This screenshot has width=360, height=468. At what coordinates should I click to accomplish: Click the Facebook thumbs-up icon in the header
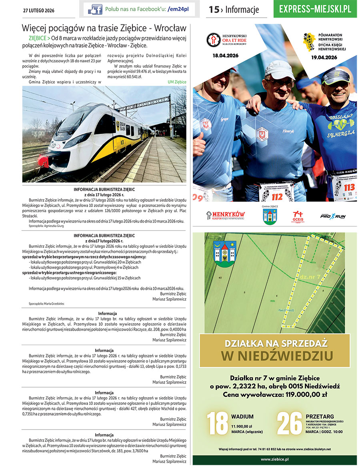[x=95, y=9]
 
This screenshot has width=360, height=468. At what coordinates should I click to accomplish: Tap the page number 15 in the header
[x=214, y=10]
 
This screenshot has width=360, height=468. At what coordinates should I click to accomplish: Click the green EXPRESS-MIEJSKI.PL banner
[x=315, y=9]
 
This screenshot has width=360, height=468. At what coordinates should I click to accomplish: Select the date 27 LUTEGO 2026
[x=39, y=10]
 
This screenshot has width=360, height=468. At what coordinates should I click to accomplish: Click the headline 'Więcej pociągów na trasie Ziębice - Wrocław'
[x=104, y=28]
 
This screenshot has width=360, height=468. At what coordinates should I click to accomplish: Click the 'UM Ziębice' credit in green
[x=177, y=82]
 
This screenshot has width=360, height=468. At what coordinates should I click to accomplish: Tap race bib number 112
[x=277, y=196]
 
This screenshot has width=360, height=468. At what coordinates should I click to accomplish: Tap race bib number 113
[x=349, y=187]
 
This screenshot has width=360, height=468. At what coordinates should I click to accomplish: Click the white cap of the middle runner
[x=279, y=69]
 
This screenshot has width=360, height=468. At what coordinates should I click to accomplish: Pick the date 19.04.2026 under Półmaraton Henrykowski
[x=324, y=57]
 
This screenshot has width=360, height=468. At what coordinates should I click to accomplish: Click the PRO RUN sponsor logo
[x=333, y=216]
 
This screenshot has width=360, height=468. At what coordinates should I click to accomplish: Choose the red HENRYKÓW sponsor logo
[x=226, y=215]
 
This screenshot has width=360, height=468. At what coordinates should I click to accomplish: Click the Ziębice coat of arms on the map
[x=225, y=253]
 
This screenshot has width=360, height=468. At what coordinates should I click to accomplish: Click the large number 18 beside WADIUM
[x=218, y=423]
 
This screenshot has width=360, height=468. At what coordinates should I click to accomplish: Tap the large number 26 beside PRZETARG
[x=289, y=423]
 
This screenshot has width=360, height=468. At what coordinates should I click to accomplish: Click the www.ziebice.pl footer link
[x=275, y=460]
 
